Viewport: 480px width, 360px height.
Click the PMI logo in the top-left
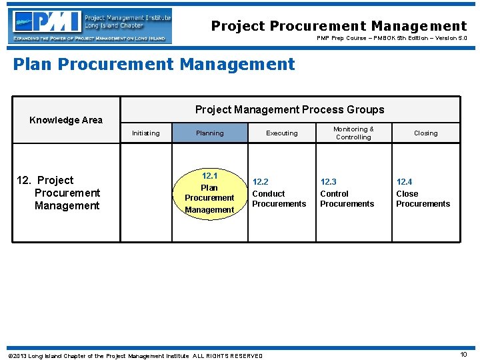pos(90,25)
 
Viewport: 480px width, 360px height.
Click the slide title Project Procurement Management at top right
pos(339,26)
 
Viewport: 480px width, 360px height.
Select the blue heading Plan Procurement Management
pos(154,64)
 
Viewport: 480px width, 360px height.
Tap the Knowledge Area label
pos(66,120)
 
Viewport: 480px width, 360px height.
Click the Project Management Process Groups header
pos(289,109)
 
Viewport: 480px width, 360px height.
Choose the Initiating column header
pos(145,133)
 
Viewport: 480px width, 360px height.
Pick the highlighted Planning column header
pos(209,133)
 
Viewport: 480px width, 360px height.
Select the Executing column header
pos(282,133)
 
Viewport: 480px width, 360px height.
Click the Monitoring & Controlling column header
pos(353,133)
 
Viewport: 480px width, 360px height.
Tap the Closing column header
pos(425,133)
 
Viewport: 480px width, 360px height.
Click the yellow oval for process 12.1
pos(209,193)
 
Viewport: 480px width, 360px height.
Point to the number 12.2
pos(260,182)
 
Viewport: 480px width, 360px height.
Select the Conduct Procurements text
pos(279,199)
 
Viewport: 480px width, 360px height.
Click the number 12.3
pos(328,182)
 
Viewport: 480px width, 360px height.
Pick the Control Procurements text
pos(347,199)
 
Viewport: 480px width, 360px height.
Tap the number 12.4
pos(404,182)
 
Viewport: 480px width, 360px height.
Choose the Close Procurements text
pos(423,199)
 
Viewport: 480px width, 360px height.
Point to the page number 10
pos(464,355)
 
